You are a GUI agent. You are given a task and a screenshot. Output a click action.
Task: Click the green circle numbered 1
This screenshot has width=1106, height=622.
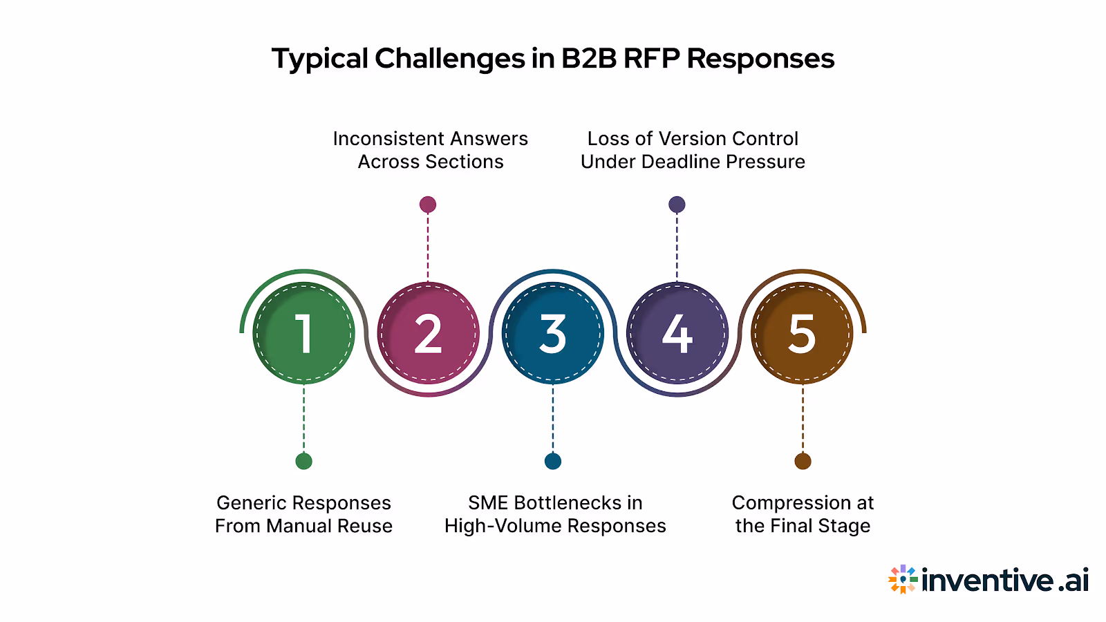pyautogui.click(x=303, y=333)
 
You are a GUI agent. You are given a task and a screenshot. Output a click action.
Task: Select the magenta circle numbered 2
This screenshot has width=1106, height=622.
pyautogui.click(x=428, y=333)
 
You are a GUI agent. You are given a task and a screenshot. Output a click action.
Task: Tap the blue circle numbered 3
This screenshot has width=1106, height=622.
pyautogui.click(x=552, y=333)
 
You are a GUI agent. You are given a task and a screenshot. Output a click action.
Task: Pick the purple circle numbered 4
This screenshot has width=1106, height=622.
pyautogui.click(x=677, y=333)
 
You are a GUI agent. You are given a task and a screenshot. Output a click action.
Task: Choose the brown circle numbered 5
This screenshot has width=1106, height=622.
pyautogui.click(x=802, y=333)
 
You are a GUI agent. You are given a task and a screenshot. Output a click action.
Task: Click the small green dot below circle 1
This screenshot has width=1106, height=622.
pyautogui.click(x=303, y=461)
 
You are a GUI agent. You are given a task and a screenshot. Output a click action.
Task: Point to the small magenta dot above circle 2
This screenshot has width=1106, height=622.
pyautogui.click(x=428, y=205)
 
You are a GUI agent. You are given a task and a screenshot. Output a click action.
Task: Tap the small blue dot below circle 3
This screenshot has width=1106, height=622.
pyautogui.click(x=553, y=461)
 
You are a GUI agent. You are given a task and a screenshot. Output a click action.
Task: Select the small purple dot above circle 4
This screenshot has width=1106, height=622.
pyautogui.click(x=677, y=205)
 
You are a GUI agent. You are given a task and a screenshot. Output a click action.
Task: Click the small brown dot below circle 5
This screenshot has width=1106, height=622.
pyautogui.click(x=803, y=461)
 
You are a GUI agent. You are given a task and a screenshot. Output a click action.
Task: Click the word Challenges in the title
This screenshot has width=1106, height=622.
pyautogui.click(x=450, y=59)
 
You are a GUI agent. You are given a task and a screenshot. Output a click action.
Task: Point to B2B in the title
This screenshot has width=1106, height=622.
pyautogui.click(x=588, y=59)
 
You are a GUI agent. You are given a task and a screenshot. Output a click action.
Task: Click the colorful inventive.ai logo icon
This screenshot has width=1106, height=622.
pyautogui.click(x=903, y=579)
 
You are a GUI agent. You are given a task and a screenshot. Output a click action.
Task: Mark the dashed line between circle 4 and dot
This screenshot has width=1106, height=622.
pyautogui.click(x=677, y=246)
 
